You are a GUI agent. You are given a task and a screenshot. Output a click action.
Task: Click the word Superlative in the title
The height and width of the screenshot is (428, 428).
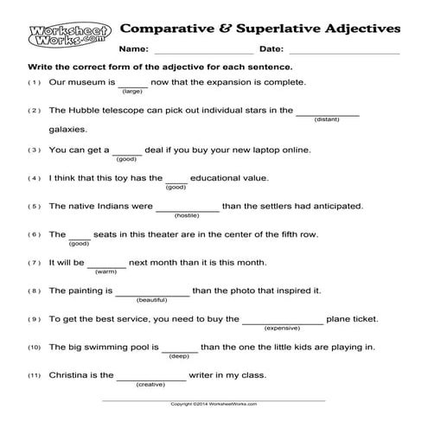282,27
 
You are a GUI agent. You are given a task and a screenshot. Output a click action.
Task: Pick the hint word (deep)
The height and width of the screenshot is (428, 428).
180,355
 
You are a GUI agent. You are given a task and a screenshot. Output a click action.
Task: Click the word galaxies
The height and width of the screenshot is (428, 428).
68,130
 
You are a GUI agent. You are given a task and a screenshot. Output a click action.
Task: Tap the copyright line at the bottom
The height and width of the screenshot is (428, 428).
214,404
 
